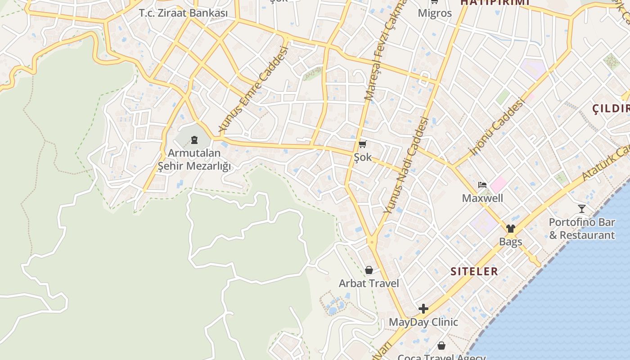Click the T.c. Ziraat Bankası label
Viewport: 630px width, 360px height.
(x=183, y=13)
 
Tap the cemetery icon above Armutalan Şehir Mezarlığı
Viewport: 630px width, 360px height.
(x=194, y=140)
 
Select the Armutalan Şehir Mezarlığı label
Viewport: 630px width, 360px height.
(x=194, y=160)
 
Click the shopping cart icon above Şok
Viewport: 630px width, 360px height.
(x=363, y=144)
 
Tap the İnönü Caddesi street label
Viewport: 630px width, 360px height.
(x=497, y=127)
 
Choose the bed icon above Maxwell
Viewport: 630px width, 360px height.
(x=482, y=184)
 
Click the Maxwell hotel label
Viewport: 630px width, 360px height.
(x=482, y=198)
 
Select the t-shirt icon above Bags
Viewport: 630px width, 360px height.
(x=510, y=228)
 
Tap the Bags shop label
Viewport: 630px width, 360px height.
(x=510, y=242)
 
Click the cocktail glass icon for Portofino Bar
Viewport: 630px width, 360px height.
(x=582, y=208)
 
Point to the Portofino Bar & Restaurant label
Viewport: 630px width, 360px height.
(x=582, y=229)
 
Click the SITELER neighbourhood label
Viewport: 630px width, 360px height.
(x=474, y=271)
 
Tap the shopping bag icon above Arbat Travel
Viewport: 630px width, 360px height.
(x=369, y=270)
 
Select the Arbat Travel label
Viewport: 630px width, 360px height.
(x=369, y=283)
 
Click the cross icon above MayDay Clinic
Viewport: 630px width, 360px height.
(x=423, y=309)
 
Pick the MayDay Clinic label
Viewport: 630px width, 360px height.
(x=423, y=322)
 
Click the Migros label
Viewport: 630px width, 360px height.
(x=435, y=13)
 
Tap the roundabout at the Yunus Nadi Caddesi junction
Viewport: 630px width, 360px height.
(x=372, y=242)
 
